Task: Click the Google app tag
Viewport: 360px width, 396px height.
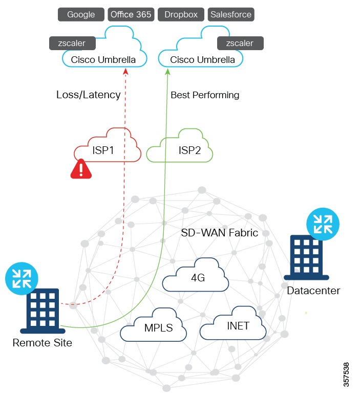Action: tap(81, 14)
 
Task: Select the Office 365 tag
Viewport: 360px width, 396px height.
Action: tap(131, 14)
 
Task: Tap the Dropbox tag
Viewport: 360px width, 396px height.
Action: tap(181, 14)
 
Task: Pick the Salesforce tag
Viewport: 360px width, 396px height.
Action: tap(231, 14)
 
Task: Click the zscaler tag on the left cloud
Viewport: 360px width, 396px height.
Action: tap(72, 43)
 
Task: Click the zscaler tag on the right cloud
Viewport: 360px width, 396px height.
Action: tap(240, 43)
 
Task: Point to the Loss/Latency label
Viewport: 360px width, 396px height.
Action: tap(88, 95)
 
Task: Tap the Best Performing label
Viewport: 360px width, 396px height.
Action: tap(205, 95)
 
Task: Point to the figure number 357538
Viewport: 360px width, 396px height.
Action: tap(348, 375)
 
